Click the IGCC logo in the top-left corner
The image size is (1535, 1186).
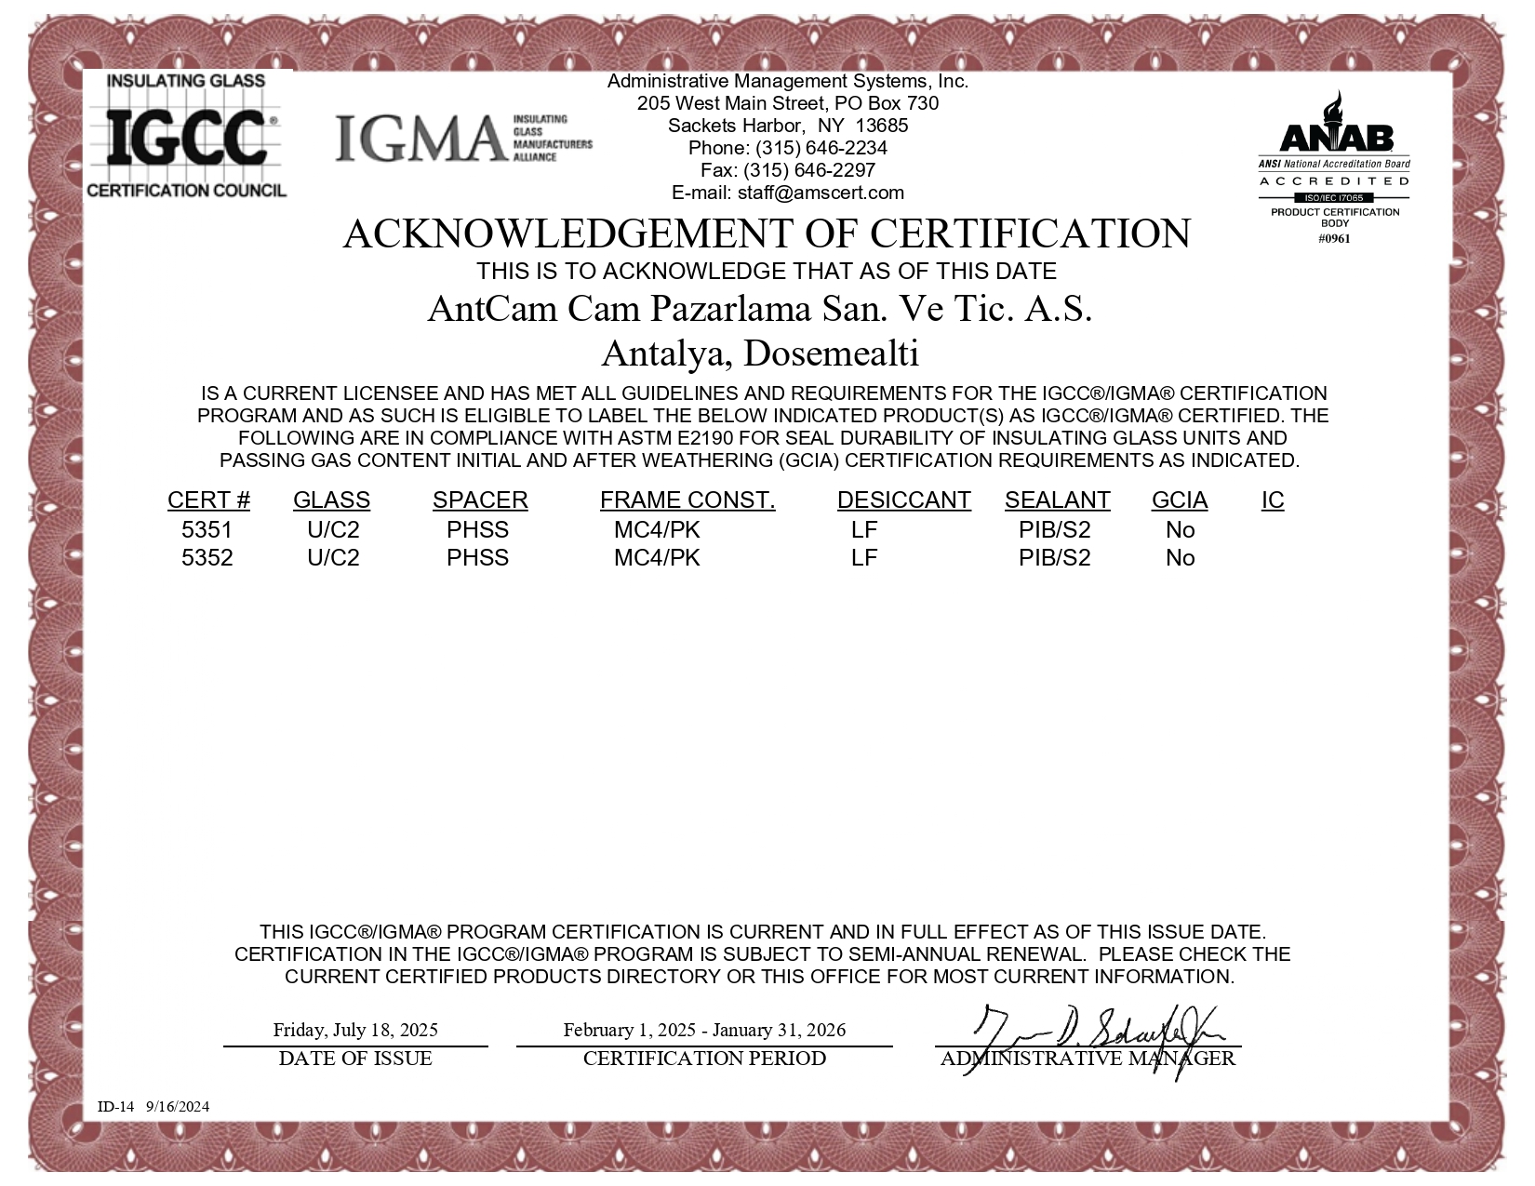pyautogui.click(x=186, y=135)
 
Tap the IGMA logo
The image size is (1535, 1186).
pyautogui.click(x=462, y=138)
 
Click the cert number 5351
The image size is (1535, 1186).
pyautogui.click(x=207, y=530)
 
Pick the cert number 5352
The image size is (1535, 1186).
pyautogui.click(x=207, y=558)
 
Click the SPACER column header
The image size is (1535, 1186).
pyautogui.click(x=479, y=500)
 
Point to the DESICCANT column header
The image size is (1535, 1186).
pyautogui.click(x=903, y=500)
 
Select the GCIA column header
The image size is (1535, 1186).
pyautogui.click(x=1179, y=500)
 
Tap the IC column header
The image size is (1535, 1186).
pyautogui.click(x=1272, y=500)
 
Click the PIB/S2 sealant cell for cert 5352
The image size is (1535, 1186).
pyautogui.click(x=1054, y=558)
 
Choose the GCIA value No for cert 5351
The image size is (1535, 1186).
pyautogui.click(x=1180, y=530)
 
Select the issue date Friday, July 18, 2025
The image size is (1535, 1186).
pyautogui.click(x=355, y=1030)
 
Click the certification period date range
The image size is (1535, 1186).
pyautogui.click(x=704, y=1030)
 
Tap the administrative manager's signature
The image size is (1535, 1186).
pyautogui.click(x=1098, y=1033)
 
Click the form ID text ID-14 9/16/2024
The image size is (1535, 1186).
pyautogui.click(x=153, y=1106)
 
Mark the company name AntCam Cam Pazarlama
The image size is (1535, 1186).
pyautogui.click(x=759, y=309)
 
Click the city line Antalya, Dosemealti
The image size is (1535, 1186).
pyautogui.click(x=759, y=353)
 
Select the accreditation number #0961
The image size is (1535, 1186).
pyautogui.click(x=1334, y=238)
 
